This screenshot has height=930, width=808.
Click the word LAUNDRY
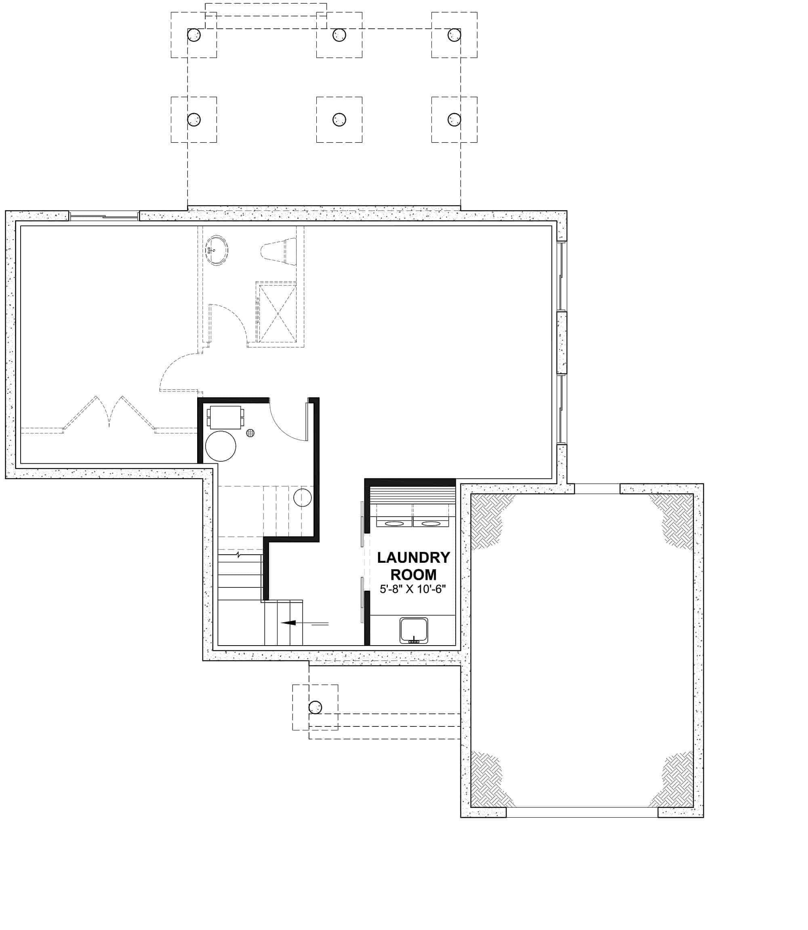413,558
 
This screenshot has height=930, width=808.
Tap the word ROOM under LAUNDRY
413,575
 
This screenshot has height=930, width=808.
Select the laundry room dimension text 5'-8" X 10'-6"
412,589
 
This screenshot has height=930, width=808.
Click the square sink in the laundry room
413,630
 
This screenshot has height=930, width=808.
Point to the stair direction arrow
288,623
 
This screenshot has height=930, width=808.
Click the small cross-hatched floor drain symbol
250,433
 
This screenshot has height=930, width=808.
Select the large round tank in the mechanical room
221,446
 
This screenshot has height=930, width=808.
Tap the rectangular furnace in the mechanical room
225,417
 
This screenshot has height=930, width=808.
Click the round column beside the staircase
302,498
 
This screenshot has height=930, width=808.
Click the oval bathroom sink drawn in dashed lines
217,250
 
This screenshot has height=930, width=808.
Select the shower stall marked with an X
276,312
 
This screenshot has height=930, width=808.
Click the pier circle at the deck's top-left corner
194,35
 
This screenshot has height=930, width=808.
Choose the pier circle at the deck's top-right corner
454,35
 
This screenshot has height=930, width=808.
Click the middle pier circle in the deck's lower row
339,120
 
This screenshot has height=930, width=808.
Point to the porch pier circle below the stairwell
315,707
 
